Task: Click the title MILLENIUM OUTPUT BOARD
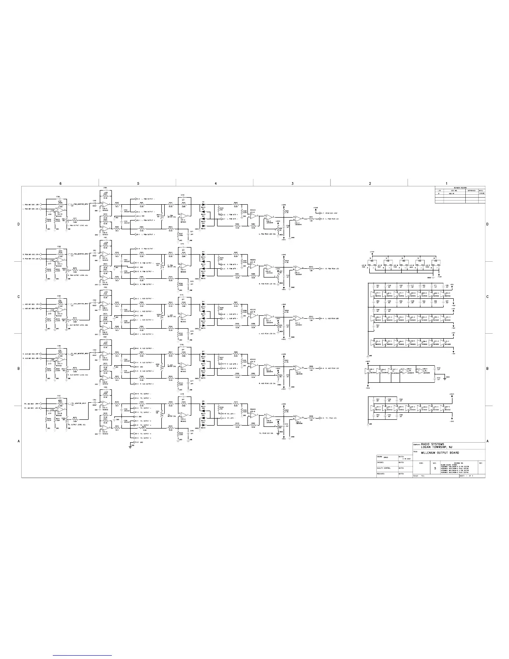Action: pos(440,452)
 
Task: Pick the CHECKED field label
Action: pos(380,462)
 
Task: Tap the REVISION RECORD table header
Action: pos(459,188)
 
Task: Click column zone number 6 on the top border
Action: pos(60,183)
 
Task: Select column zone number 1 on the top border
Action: pos(446,183)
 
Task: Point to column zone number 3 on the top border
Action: pos(292,183)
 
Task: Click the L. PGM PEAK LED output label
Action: pos(331,219)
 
